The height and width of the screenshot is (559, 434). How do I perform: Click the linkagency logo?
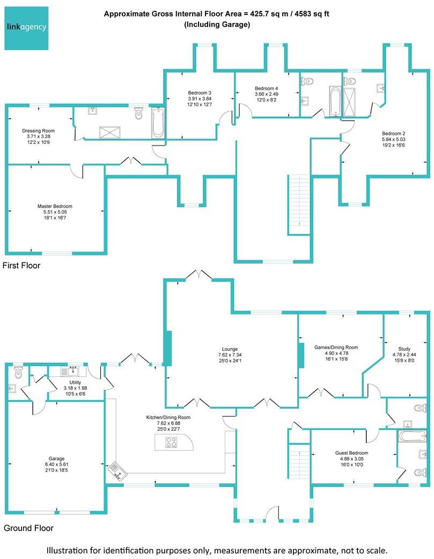[26, 27]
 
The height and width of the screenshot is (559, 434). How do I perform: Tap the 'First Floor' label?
[21, 265]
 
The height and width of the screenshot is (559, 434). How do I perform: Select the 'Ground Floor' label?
[28, 528]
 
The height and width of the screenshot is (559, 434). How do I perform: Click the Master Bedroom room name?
[55, 206]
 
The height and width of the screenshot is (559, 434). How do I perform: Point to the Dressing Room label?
[38, 130]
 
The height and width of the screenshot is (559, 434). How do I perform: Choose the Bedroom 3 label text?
[200, 92]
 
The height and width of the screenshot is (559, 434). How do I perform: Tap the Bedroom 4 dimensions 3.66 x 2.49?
[267, 94]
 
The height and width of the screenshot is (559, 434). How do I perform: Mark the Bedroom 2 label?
[393, 133]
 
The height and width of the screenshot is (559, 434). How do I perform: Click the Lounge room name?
[231, 349]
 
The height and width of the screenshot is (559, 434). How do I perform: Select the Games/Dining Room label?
[336, 347]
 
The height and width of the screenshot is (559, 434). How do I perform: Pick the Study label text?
[404, 349]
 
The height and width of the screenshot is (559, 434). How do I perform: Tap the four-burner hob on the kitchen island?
[171, 442]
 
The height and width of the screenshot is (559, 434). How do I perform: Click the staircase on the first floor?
[299, 204]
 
